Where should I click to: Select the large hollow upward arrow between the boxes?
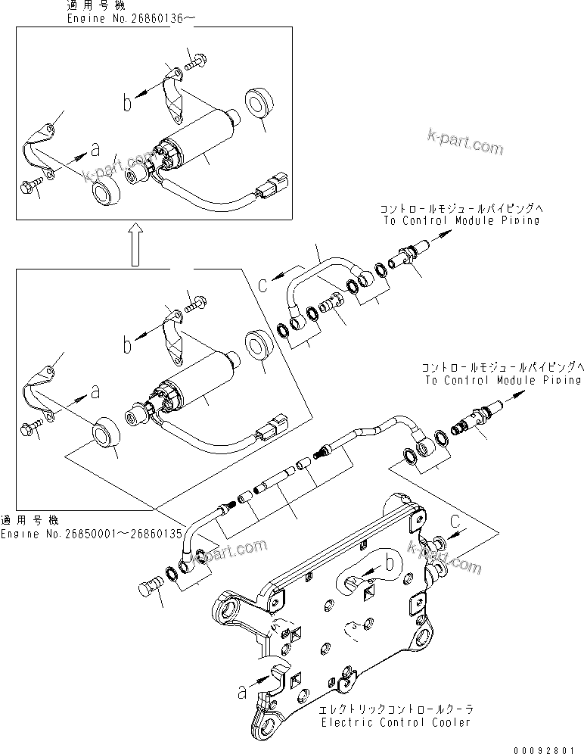(134, 244)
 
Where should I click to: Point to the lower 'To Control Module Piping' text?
(504, 380)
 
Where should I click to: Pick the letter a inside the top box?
(94, 150)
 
